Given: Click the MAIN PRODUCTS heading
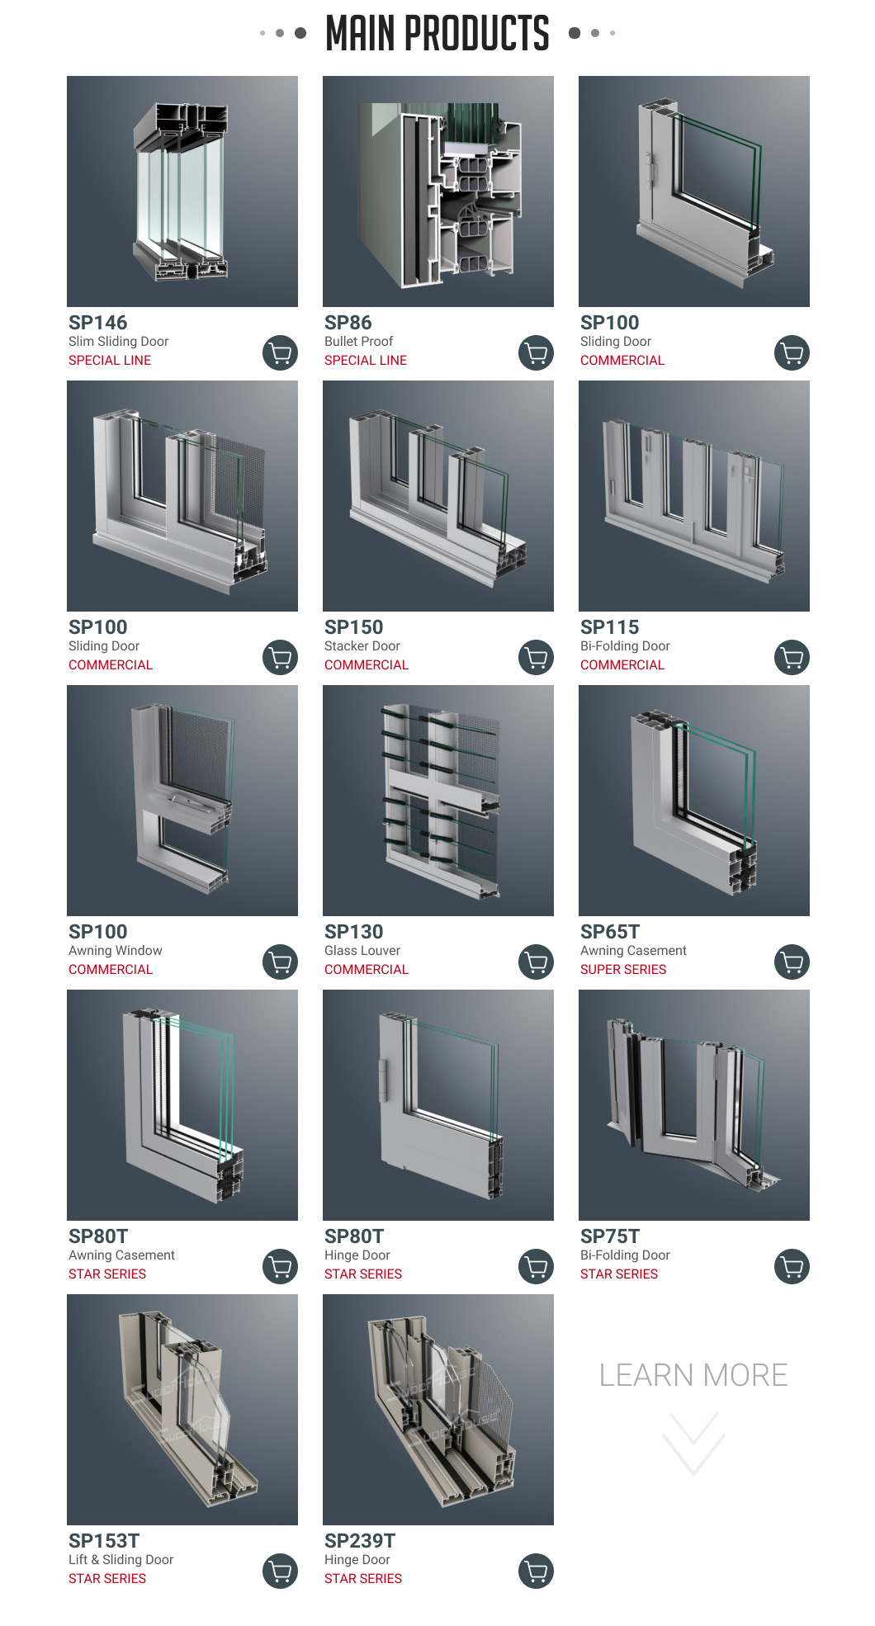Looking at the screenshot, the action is click(x=437, y=34).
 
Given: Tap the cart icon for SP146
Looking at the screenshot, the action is click(x=280, y=353).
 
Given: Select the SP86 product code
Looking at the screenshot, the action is click(x=348, y=323).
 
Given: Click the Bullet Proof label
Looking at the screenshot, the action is click(x=358, y=342).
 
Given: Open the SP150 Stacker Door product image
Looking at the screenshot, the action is click(x=438, y=496).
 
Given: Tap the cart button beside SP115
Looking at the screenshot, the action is click(x=792, y=658).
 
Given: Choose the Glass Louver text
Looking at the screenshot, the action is click(x=362, y=951).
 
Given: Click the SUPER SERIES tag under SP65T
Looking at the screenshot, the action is click(x=623, y=970).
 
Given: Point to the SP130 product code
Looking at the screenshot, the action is click(x=354, y=932).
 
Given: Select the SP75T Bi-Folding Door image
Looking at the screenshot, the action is click(x=694, y=1105).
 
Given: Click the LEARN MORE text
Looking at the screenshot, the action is click(x=693, y=1375).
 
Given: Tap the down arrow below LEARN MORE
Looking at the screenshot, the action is click(x=693, y=1444).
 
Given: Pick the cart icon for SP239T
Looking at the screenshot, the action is click(x=536, y=1572).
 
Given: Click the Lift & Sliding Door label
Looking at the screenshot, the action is click(x=121, y=1560).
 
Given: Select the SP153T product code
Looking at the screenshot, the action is click(x=104, y=1541).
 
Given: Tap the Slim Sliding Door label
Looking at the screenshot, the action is click(x=119, y=342).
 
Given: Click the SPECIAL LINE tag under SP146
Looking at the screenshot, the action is click(x=110, y=361).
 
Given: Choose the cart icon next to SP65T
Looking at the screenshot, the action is click(x=792, y=962).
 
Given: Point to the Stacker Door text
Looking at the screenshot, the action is click(x=362, y=646).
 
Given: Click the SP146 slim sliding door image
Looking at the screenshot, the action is click(x=182, y=191).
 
